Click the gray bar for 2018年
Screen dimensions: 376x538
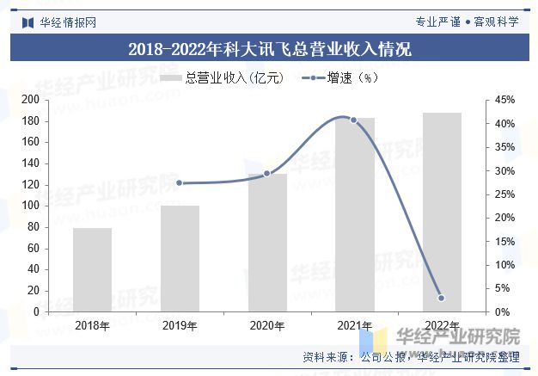click(x=92, y=269)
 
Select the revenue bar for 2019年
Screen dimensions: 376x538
click(x=180, y=258)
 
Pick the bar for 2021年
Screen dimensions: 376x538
click(x=355, y=214)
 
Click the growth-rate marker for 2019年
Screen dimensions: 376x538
click(x=180, y=182)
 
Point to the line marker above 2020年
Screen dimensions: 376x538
click(x=266, y=174)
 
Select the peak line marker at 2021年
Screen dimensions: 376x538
click(x=353, y=120)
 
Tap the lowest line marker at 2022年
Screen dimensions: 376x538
click(x=441, y=298)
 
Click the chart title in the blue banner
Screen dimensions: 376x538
click(x=269, y=49)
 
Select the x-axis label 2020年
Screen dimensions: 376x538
click(x=267, y=325)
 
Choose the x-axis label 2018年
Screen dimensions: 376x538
click(x=92, y=325)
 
